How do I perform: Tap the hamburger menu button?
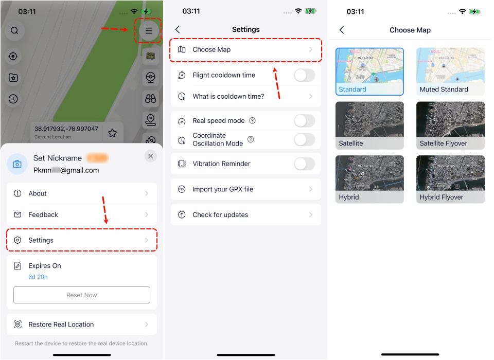click(x=149, y=31)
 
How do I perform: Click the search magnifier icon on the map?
click(x=14, y=30)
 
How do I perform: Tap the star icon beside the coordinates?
click(x=112, y=133)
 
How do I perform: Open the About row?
click(x=81, y=193)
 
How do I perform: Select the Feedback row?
click(x=81, y=214)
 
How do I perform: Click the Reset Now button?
click(x=81, y=295)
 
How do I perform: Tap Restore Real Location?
click(x=81, y=325)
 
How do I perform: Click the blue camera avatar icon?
click(x=17, y=164)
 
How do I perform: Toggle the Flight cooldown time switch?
click(x=304, y=75)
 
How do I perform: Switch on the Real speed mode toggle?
click(x=304, y=121)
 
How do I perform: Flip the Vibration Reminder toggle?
click(x=304, y=164)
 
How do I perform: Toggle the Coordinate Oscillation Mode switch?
click(x=304, y=139)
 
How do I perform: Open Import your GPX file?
click(x=245, y=189)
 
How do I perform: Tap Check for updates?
click(x=245, y=215)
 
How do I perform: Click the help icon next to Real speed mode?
click(x=252, y=121)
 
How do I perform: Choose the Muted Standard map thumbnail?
click(x=450, y=71)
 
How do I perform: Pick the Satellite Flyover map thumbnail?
click(x=450, y=125)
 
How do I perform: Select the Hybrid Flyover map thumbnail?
click(x=450, y=179)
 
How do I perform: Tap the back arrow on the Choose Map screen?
click(x=342, y=30)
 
